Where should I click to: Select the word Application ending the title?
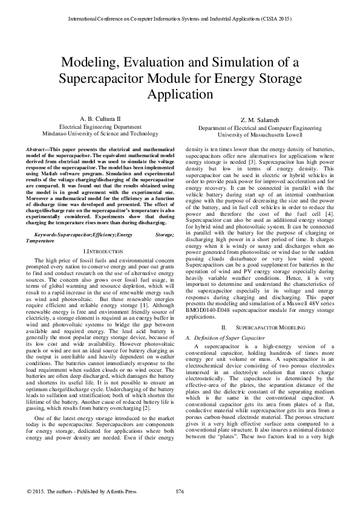180,95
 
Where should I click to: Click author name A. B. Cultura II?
100,119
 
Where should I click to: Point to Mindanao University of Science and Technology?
100,134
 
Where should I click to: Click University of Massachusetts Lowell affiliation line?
261,135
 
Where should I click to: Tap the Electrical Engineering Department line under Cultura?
100,128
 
